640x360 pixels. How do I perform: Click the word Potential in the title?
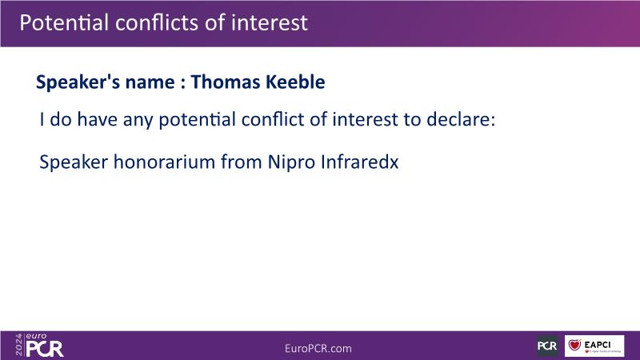click(64, 22)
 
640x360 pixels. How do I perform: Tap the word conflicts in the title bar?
click(158, 22)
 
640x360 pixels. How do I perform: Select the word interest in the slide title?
click(270, 22)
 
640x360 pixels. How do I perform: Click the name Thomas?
click(226, 82)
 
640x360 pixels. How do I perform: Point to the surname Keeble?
click(295, 82)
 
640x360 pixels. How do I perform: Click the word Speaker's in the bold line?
click(78, 82)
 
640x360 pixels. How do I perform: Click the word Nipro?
click(291, 162)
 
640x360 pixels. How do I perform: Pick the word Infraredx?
click(359, 162)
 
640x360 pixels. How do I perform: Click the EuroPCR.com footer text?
click(318, 349)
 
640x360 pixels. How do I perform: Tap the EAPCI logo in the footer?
click(594, 346)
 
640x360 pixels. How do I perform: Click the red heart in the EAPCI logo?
click(574, 346)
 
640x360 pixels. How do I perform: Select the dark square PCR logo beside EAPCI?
click(547, 346)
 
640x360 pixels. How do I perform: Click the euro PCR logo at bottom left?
click(45, 346)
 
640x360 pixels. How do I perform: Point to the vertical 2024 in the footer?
click(19, 345)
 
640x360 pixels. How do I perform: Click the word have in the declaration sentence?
click(97, 119)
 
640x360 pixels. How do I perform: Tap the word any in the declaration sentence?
click(138, 121)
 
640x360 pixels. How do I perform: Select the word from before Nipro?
click(242, 162)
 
